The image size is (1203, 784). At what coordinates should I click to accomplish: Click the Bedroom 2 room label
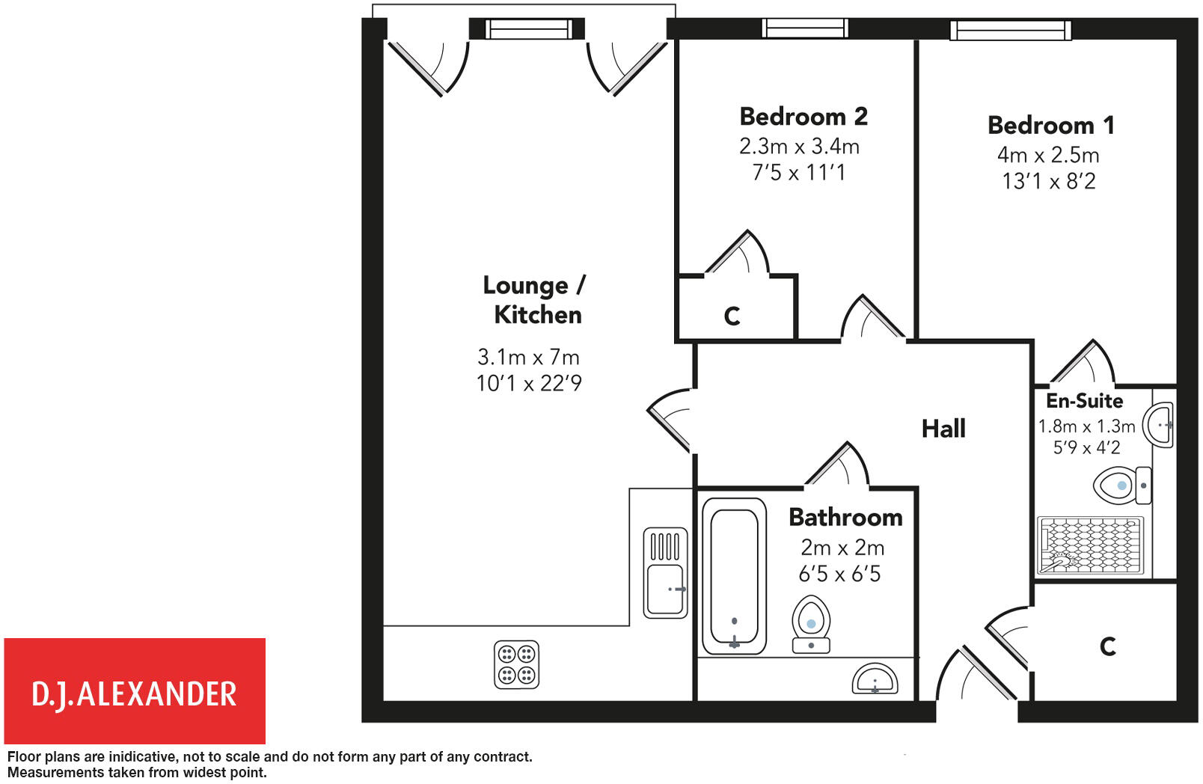point(803,117)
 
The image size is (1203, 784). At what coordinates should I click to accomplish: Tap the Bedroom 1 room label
point(1050,125)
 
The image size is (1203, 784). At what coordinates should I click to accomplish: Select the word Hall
point(943,429)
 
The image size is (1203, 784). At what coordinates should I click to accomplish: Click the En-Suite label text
point(1084,401)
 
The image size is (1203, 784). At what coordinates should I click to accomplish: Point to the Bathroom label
point(845,518)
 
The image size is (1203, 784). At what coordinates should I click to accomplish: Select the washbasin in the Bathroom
point(875,679)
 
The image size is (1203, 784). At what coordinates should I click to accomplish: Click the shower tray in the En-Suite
point(1091,545)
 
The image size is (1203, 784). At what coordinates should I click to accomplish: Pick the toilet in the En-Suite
point(1121,486)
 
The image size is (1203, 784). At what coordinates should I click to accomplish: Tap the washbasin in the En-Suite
point(1159,425)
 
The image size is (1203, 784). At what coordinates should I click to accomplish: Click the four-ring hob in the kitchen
point(516,664)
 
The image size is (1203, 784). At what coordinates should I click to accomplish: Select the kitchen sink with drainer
point(665,573)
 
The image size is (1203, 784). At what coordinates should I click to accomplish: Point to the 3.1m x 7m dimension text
point(528,357)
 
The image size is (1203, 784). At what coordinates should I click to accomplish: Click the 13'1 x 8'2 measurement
point(1048,181)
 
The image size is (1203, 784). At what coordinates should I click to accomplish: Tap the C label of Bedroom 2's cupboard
point(732,316)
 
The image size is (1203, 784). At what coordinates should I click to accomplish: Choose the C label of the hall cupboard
point(1108,646)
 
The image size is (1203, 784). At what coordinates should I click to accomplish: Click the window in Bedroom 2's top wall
point(804,28)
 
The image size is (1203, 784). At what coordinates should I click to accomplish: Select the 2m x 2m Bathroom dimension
point(842,548)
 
